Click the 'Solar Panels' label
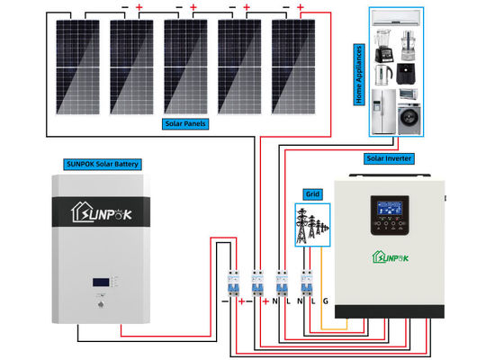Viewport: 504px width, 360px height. pyautogui.click(x=186, y=123)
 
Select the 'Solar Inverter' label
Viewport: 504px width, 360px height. pyautogui.click(x=388, y=157)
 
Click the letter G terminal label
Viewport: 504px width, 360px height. pyautogui.click(x=325, y=301)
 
